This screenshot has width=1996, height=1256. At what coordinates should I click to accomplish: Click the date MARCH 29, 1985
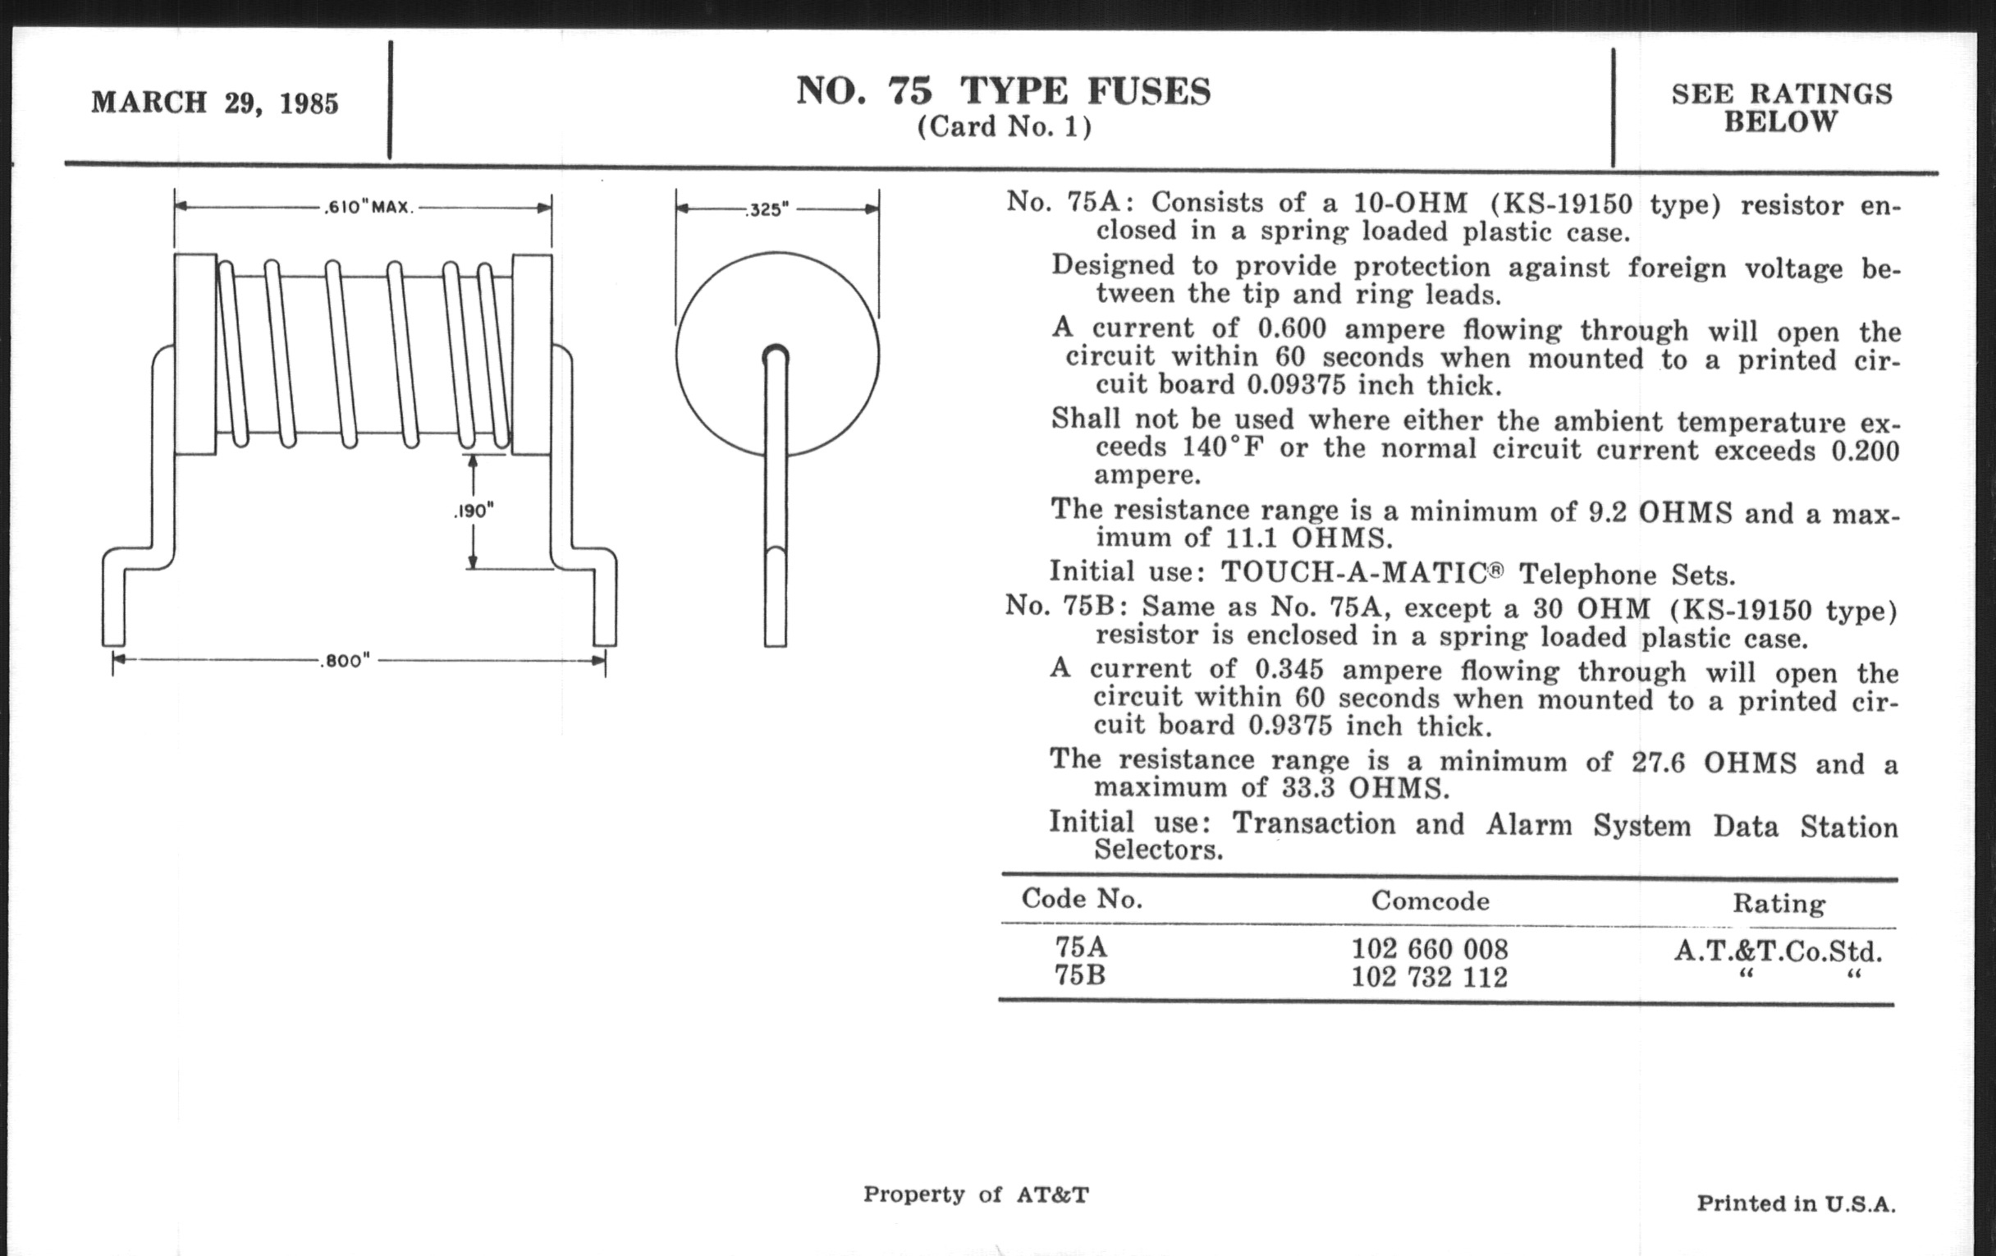coord(215,103)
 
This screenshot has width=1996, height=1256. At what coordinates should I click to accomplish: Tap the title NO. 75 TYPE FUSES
coord(1004,91)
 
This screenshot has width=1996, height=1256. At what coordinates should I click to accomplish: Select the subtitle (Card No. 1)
coord(1004,127)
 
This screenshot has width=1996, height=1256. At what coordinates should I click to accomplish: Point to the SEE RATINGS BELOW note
coord(1782,108)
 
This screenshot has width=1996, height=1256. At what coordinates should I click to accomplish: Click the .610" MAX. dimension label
coord(368,207)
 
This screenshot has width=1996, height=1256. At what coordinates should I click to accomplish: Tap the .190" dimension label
coord(474,511)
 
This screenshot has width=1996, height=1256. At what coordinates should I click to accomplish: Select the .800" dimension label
coord(344,661)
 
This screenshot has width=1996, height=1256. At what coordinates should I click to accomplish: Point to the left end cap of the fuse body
coord(195,354)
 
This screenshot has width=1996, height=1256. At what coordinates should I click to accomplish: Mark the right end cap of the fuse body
coord(532,354)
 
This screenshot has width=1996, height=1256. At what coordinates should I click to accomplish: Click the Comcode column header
coord(1430,901)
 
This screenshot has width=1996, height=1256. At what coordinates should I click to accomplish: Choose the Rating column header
coord(1779,904)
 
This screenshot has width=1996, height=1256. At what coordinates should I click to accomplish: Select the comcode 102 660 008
coord(1430,948)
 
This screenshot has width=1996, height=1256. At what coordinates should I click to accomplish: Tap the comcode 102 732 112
coord(1430,977)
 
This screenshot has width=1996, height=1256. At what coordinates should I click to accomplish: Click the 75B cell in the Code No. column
coord(1080,975)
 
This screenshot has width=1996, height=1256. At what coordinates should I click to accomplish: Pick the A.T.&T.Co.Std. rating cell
coord(1778,950)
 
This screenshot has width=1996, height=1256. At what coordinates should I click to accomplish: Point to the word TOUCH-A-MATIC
coord(1354,573)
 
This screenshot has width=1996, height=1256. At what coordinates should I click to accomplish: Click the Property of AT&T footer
coord(976,1194)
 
